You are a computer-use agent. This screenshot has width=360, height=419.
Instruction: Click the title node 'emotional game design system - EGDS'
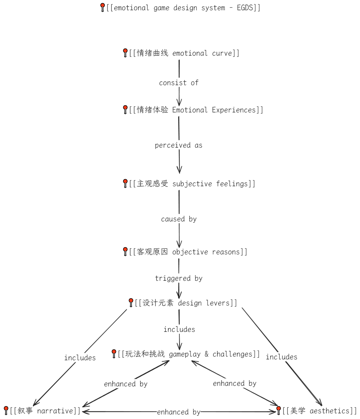pyautogui.click(x=183, y=8)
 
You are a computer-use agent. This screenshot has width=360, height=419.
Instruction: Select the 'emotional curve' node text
pyautogui.click(x=184, y=53)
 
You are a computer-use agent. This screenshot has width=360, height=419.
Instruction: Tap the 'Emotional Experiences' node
pyautogui.click(x=196, y=110)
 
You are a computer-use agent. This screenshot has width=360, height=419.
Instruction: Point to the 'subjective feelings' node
pyautogui.click(x=192, y=184)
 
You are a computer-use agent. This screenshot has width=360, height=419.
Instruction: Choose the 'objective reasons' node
pyautogui.click(x=188, y=252)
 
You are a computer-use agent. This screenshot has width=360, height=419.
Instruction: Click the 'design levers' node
pyautogui.click(x=186, y=303)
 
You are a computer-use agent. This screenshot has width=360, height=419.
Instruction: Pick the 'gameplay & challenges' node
pyautogui.click(x=189, y=354)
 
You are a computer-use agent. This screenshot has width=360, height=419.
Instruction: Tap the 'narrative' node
pyautogui.click(x=45, y=411)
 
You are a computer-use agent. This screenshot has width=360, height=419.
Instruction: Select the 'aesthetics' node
pyautogui.click(x=319, y=411)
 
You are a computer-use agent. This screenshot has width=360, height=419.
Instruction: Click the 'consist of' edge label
pyautogui.click(x=179, y=83)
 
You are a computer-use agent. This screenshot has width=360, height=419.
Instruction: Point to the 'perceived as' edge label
pyautogui.click(x=179, y=145)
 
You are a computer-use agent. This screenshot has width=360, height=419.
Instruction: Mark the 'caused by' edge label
pyautogui.click(x=179, y=219)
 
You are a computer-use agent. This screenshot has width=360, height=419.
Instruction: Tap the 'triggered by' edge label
pyautogui.click(x=179, y=278)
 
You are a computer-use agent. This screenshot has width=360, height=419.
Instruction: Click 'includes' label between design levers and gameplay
pyautogui.click(x=179, y=330)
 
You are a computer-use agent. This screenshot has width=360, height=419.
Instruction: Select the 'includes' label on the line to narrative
pyautogui.click(x=80, y=358)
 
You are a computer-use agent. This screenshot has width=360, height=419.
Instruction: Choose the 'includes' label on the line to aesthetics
pyautogui.click(x=282, y=357)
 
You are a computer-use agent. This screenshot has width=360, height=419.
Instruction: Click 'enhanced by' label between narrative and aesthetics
pyautogui.click(x=179, y=412)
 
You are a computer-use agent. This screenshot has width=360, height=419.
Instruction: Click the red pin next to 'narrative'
pyautogui.click(x=6, y=410)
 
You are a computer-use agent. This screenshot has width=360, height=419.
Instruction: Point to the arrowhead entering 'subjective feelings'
pyautogui.click(x=179, y=171)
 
